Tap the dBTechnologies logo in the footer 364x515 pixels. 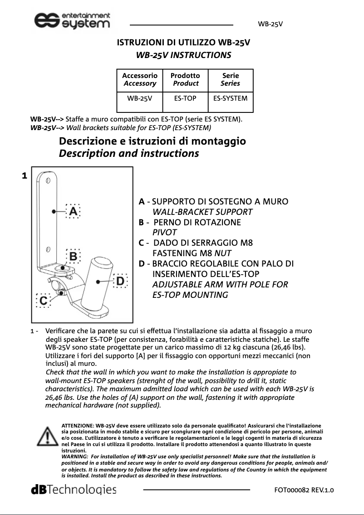73,490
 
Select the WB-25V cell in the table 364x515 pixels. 139,98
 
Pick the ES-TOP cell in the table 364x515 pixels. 185,98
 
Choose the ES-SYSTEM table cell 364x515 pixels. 230,98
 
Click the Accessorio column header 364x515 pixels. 140,79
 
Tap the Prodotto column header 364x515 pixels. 185,79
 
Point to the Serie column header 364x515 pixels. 230,79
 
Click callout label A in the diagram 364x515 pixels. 73,211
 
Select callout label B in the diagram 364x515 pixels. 73,256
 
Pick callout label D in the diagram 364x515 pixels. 120,281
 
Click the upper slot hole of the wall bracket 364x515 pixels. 47,181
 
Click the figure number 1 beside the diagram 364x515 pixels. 25,175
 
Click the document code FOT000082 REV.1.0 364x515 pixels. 304,490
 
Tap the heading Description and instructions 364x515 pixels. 129,153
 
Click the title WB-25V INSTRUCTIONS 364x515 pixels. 183,55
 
